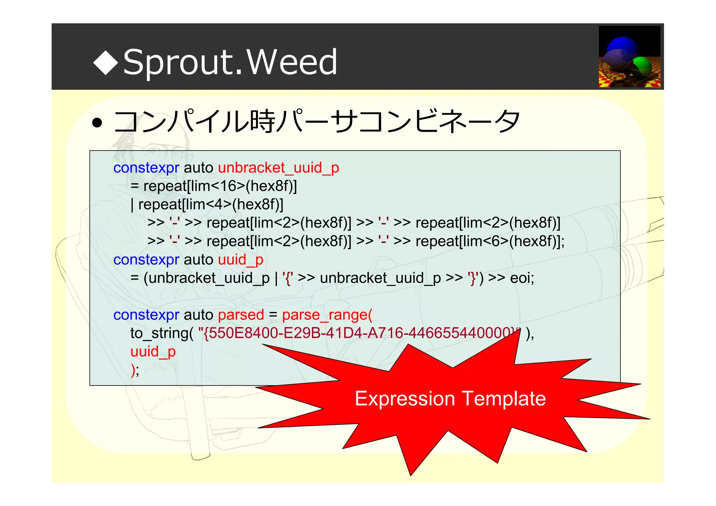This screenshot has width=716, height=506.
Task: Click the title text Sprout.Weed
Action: (230, 62)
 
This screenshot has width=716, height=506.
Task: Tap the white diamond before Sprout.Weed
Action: (106, 62)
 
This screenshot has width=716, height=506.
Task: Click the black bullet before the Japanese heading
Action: (97, 123)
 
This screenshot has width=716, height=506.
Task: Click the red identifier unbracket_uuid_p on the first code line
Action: (278, 168)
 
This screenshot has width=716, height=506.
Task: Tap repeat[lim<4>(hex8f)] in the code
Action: (211, 205)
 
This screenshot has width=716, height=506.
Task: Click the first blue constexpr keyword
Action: (146, 168)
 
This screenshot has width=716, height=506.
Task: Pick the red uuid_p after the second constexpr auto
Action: (241, 260)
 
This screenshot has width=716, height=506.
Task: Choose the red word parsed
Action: (241, 315)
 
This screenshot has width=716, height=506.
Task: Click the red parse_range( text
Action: (327, 315)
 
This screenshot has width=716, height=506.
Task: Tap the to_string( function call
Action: (162, 333)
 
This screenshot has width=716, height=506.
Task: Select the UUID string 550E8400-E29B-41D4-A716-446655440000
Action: (357, 333)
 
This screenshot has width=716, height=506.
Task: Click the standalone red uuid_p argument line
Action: (153, 352)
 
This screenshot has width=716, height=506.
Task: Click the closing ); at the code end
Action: (135, 370)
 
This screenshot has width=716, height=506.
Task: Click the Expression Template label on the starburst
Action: (450, 399)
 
